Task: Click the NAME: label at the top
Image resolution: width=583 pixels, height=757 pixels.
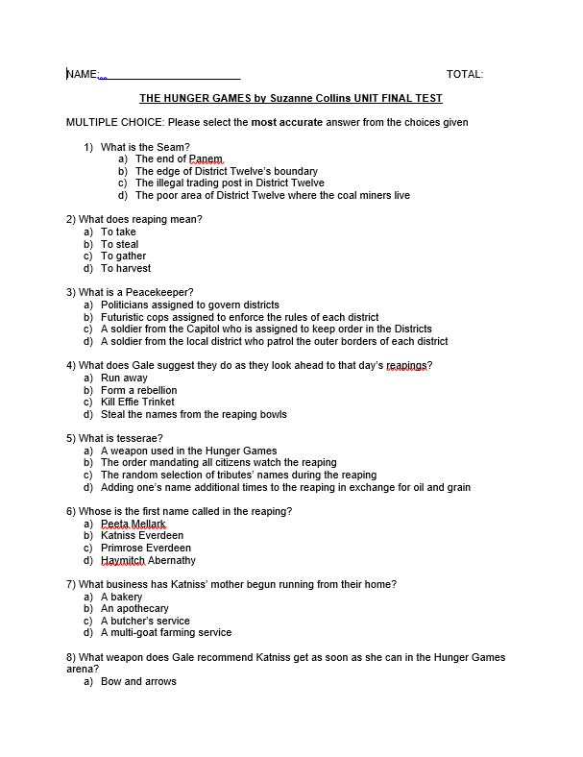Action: (83, 74)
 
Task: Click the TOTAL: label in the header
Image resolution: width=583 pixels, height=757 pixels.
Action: (465, 74)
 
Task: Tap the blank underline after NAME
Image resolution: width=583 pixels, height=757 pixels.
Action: (173, 75)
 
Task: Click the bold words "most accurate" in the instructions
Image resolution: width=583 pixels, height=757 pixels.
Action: (287, 123)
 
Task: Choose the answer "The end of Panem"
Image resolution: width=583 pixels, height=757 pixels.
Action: (179, 159)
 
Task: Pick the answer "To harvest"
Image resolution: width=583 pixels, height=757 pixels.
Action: (126, 268)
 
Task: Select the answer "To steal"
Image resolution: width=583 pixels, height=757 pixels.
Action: (120, 244)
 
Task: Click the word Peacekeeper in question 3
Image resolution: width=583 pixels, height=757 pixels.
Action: (159, 292)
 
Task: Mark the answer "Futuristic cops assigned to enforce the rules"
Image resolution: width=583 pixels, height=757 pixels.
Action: (239, 317)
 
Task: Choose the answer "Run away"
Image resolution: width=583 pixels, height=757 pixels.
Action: (124, 378)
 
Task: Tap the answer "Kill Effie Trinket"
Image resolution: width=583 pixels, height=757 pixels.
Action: (137, 403)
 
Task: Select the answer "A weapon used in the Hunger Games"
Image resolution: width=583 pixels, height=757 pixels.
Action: (188, 451)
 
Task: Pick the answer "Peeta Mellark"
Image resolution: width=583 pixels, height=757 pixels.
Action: (133, 524)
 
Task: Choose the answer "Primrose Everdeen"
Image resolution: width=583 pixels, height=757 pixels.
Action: (145, 548)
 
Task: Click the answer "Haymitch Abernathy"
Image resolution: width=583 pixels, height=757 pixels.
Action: (148, 560)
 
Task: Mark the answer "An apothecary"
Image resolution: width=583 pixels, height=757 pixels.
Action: (134, 609)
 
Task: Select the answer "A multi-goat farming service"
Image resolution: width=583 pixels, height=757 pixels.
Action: (165, 633)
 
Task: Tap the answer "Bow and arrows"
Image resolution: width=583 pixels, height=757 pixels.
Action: (138, 682)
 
